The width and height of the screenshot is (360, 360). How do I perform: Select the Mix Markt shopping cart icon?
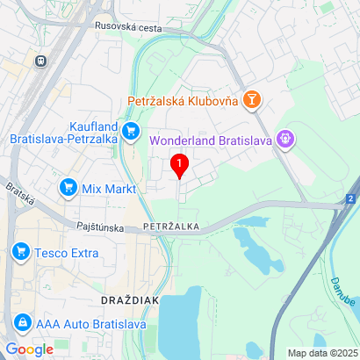point(68,187)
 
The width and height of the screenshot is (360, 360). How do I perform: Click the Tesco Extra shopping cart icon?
point(19,253)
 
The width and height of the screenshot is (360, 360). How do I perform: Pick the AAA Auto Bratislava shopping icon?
point(21,323)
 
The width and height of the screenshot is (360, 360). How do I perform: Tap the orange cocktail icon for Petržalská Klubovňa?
point(252,100)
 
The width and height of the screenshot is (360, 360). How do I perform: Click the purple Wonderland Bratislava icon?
point(284,138)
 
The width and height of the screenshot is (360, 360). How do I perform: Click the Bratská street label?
point(19,195)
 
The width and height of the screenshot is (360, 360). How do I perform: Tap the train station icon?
point(40,61)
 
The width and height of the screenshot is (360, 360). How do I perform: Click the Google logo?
point(29,349)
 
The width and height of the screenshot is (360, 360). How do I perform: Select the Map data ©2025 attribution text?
point(321,353)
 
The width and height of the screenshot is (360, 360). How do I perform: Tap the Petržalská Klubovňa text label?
point(183,101)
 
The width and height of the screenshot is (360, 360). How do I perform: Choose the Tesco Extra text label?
point(67,253)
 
